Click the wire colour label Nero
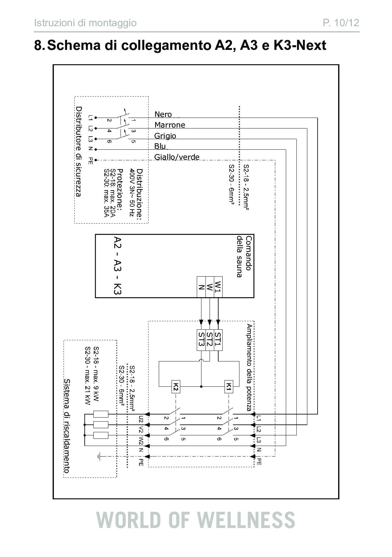click(x=163, y=114)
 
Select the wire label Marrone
click(x=170, y=125)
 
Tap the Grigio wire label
click(x=165, y=136)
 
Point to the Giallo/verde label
click(x=177, y=157)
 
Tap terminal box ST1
click(x=218, y=340)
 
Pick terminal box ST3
click(x=201, y=340)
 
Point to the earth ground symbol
click(x=98, y=457)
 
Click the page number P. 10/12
click(x=341, y=23)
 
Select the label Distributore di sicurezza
click(x=79, y=152)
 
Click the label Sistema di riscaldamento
click(x=67, y=426)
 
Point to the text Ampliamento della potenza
click(x=249, y=368)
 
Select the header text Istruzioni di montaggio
click(x=85, y=23)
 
